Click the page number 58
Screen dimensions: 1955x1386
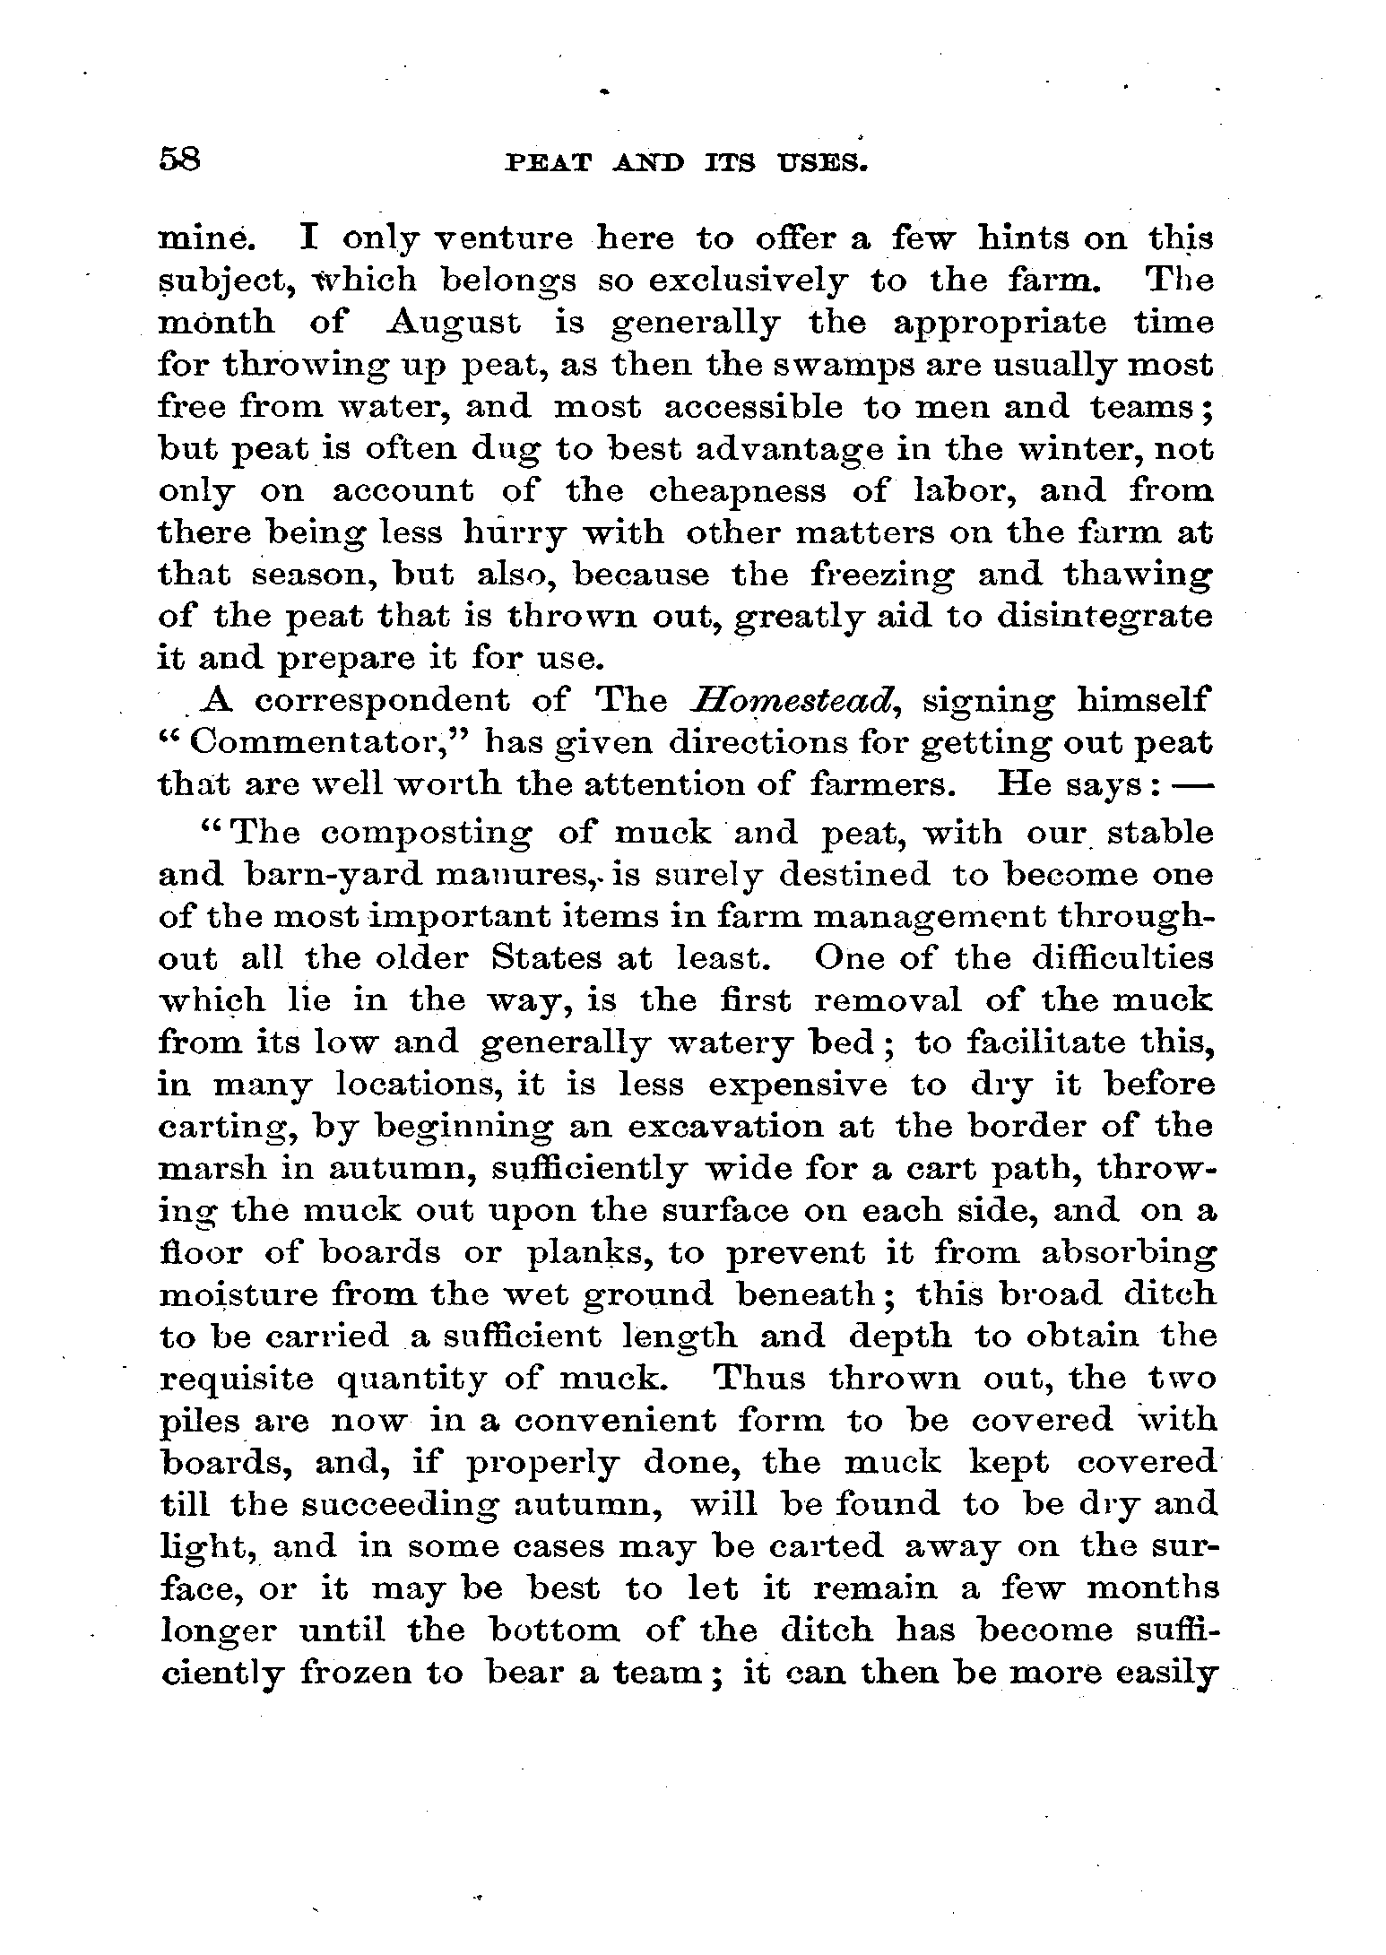tap(182, 161)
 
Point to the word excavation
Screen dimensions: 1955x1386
tap(750, 1127)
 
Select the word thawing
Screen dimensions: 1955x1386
tap(1139, 575)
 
